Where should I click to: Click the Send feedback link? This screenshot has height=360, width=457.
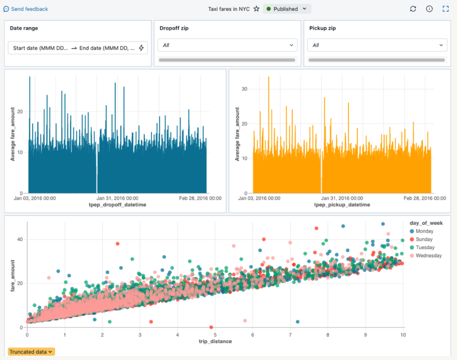pyautogui.click(x=26, y=9)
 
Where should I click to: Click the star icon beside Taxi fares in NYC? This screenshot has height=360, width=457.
pyautogui.click(x=256, y=9)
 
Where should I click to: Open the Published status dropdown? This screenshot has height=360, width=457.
pyautogui.click(x=287, y=9)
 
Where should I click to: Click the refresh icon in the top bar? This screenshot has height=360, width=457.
pyautogui.click(x=413, y=9)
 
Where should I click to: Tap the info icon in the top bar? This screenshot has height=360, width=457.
pyautogui.click(x=429, y=9)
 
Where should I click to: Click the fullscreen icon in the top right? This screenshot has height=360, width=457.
pyautogui.click(x=445, y=9)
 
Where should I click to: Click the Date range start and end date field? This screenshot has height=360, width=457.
pyautogui.click(x=77, y=48)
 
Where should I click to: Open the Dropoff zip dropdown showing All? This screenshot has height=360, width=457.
pyautogui.click(x=227, y=45)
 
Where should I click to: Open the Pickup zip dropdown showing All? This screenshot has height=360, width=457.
pyautogui.click(x=377, y=45)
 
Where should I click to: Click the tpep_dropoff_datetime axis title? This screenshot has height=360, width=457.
pyautogui.click(x=117, y=205)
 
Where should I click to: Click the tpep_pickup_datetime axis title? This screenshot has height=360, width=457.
pyautogui.click(x=342, y=205)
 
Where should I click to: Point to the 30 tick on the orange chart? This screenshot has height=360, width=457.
pyautogui.click(x=244, y=89)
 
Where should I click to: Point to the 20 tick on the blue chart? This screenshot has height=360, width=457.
pyautogui.click(x=20, y=112)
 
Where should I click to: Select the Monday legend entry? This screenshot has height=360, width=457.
pyautogui.click(x=424, y=231)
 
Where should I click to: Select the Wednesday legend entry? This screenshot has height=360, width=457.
pyautogui.click(x=428, y=256)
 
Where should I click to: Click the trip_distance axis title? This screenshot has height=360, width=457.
pyautogui.click(x=215, y=341)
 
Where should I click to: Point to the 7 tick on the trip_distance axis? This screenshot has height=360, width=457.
pyautogui.click(x=290, y=335)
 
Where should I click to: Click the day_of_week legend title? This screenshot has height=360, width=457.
pyautogui.click(x=426, y=223)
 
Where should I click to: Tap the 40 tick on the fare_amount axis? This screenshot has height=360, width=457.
pyautogui.click(x=20, y=239)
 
